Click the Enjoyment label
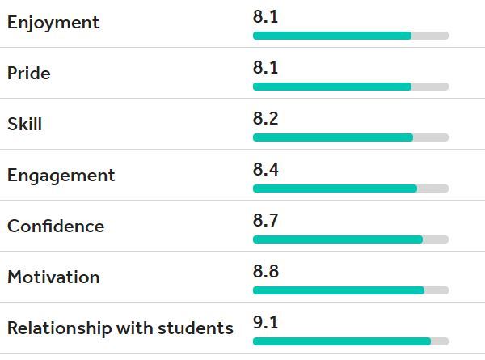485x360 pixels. (53, 23)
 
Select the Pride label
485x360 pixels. (29, 74)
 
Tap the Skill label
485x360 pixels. (25, 124)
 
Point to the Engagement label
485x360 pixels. (61, 176)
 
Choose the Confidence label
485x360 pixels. (56, 226)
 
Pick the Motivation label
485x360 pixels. (53, 277)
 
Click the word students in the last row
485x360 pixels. (196, 328)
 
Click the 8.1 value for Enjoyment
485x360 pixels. (265, 16)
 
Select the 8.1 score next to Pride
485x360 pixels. (265, 67)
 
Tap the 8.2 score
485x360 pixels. (265, 118)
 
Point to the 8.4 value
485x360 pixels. (266, 169)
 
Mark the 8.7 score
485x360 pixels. (265, 220)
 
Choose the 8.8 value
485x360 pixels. (266, 271)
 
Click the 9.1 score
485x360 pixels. (265, 322)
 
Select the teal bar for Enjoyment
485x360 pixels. (332, 36)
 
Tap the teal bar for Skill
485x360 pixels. (333, 138)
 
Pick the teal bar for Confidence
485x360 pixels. (338, 239)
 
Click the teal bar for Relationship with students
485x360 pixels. (342, 341)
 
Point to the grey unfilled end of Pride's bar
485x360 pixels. (430, 87)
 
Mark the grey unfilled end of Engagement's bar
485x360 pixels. (433, 188)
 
